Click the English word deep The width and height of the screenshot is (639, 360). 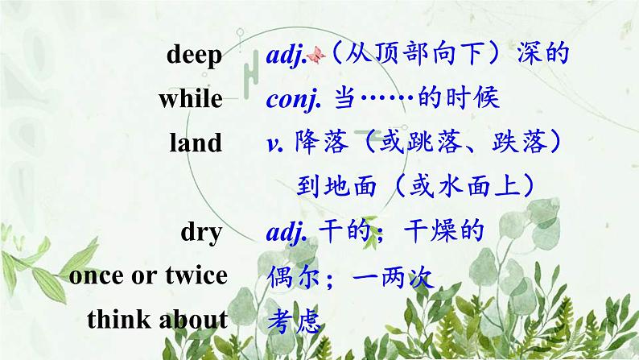coord(193,56)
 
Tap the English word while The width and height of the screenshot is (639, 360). coord(190,99)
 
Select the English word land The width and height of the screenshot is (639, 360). coord(196,143)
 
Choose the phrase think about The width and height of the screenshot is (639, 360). coord(157,319)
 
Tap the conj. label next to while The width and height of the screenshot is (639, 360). coord(294,99)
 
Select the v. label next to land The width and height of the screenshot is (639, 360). coord(274,143)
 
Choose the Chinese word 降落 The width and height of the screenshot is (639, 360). coord(322,143)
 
